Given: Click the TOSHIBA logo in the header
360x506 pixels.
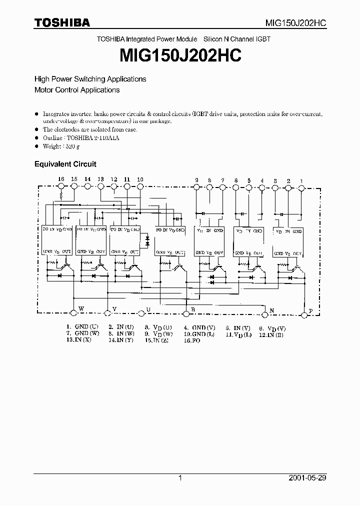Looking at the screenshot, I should [x=62, y=22].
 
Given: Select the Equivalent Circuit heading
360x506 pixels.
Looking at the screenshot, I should [x=65, y=164].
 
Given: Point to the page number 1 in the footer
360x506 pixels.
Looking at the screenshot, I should [x=180, y=478].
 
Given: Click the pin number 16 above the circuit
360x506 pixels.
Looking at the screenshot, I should [x=61, y=179].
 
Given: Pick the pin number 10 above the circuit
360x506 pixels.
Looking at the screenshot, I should [x=140, y=179].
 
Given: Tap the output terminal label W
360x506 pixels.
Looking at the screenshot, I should [x=81, y=309].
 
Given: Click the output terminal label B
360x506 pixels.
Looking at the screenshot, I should [x=192, y=310].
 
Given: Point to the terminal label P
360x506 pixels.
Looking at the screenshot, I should [x=310, y=311].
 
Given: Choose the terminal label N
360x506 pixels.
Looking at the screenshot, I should [x=272, y=310].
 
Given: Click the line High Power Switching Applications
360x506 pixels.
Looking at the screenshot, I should [x=90, y=79].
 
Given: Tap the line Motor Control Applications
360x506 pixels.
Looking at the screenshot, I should [x=76, y=90].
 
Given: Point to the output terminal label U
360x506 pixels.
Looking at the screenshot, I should [x=148, y=309].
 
